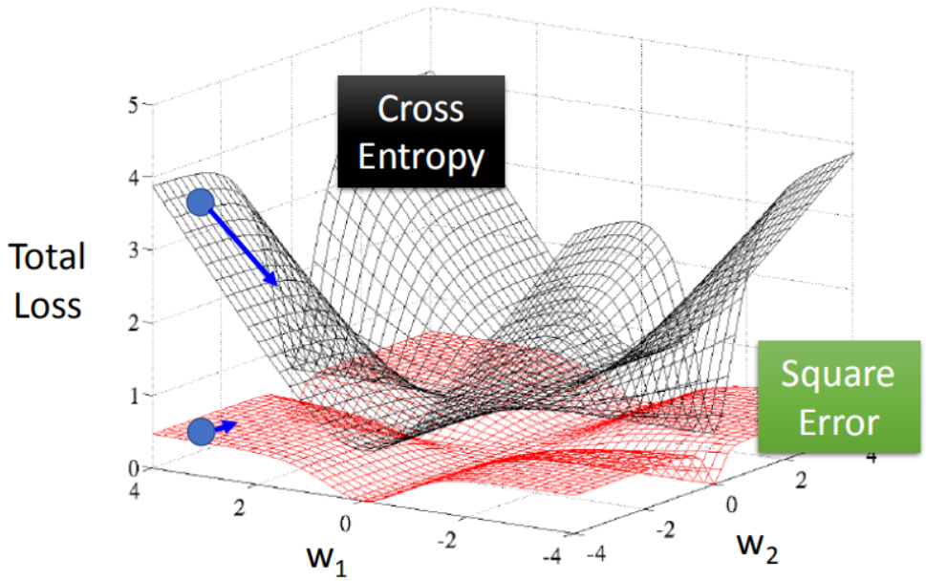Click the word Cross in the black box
[420, 109]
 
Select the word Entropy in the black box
[421, 159]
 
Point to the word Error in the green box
[839, 422]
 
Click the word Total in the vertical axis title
[47, 256]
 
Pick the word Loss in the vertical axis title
[47, 306]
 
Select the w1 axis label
[327, 557]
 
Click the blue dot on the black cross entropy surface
[200, 203]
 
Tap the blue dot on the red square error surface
[202, 432]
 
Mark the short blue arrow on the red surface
[226, 426]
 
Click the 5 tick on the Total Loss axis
[134, 106]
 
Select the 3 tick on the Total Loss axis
[134, 249]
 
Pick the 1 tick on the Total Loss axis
[134, 395]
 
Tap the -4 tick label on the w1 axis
[551, 555]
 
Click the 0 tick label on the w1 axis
[346, 523]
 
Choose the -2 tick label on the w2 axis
[665, 529]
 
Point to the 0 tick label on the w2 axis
[731, 505]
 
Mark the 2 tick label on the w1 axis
[239, 507]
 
